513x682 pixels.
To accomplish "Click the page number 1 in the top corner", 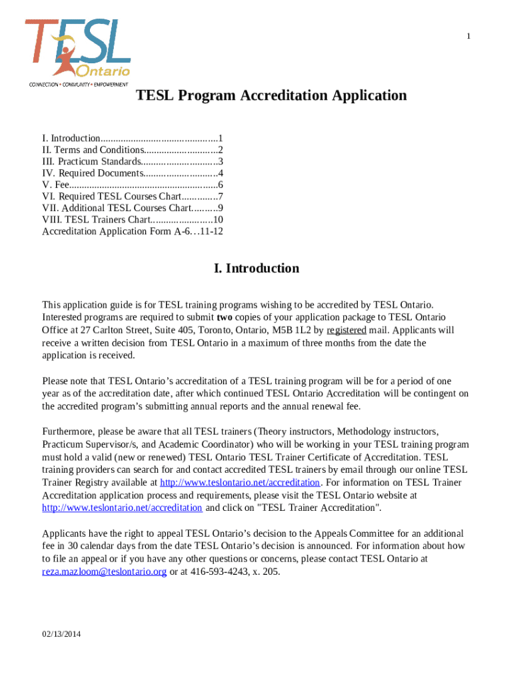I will coord(469,36).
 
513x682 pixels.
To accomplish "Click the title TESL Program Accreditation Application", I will coord(271,96).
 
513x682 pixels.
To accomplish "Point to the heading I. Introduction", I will coord(256,268).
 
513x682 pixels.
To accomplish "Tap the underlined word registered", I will coord(346,330).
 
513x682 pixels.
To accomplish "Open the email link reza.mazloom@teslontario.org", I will coord(104,571).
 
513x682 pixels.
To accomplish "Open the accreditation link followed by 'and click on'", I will coord(122,508).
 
